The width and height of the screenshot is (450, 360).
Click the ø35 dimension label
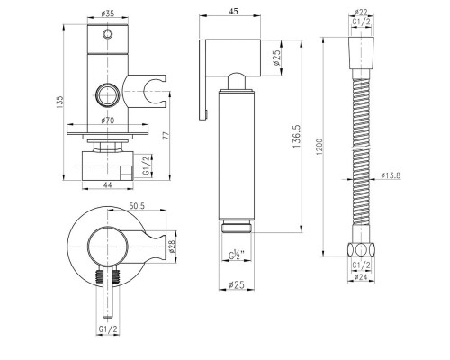(x=108, y=13)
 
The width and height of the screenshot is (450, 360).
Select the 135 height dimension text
(x=60, y=102)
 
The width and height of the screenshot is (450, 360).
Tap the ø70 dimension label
(x=108, y=121)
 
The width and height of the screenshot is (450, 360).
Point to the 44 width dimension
(x=107, y=185)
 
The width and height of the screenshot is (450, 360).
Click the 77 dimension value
(x=168, y=135)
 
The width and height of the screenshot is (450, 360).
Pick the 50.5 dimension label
(x=137, y=206)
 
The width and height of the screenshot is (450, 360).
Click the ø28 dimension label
(x=172, y=247)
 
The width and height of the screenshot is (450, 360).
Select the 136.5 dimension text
(x=297, y=136)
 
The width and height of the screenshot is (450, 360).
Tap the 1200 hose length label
(x=319, y=147)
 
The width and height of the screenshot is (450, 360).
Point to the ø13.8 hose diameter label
(x=391, y=175)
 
